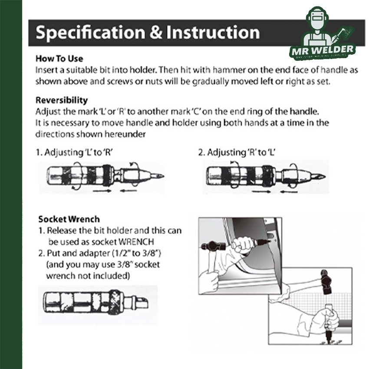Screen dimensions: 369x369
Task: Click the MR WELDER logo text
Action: click(323, 50)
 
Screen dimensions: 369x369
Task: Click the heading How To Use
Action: click(59, 59)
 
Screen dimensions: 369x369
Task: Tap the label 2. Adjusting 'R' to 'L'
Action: click(237, 152)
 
